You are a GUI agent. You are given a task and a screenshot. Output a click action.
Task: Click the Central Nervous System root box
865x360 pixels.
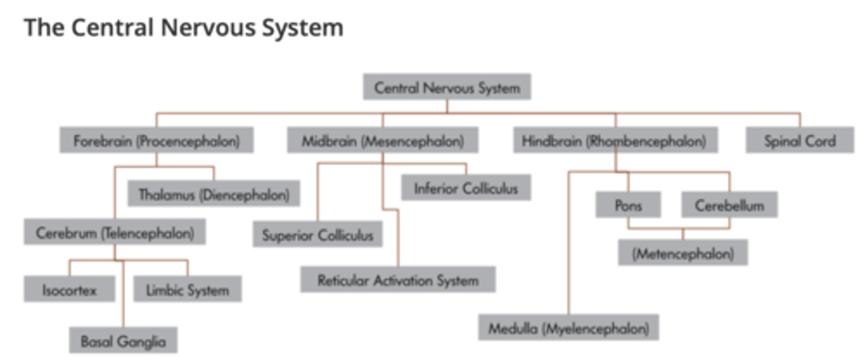(447, 88)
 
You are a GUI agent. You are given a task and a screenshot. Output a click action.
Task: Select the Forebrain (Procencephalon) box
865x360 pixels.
(156, 141)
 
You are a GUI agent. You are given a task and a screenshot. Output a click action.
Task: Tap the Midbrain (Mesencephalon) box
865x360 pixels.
(383, 141)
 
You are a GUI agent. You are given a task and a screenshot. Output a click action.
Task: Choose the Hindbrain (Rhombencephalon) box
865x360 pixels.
(615, 141)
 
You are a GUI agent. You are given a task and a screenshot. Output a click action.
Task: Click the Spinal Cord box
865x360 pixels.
(800, 141)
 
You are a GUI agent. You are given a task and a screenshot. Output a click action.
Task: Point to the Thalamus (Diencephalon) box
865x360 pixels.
(214, 194)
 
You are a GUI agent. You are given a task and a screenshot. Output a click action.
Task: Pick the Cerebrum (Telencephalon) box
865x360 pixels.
(115, 233)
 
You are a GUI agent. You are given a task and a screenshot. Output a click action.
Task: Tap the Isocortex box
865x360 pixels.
(69, 290)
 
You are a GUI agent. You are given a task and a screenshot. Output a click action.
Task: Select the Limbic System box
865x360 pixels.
(187, 290)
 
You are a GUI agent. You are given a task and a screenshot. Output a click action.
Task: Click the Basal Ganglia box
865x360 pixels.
(123, 341)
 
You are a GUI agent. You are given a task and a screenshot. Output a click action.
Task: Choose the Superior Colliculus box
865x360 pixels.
(318, 235)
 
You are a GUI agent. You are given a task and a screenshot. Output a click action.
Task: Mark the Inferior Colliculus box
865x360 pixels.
(466, 188)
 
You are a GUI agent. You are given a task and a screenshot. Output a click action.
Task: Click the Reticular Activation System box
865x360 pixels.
(398, 280)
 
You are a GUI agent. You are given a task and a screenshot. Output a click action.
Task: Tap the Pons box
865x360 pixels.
(628, 205)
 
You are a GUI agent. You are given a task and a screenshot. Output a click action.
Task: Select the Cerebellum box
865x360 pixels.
(729, 205)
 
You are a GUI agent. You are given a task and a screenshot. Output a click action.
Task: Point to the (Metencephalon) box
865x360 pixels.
(683, 253)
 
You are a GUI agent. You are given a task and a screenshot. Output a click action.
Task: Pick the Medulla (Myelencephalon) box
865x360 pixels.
(568, 328)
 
